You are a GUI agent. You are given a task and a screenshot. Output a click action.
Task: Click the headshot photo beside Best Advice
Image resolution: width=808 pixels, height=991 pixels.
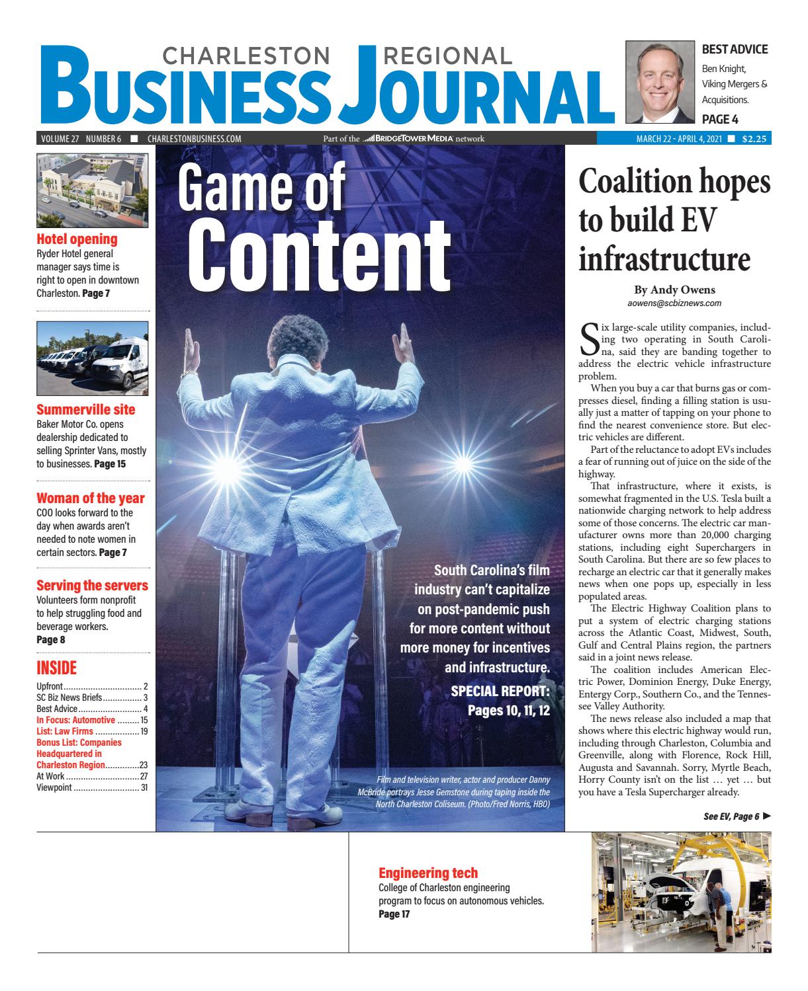[x=658, y=82]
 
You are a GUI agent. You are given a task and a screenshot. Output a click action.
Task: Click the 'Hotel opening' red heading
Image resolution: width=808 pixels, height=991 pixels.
[x=77, y=239]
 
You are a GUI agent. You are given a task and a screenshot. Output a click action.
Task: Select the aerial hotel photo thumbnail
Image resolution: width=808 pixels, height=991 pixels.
[x=93, y=190]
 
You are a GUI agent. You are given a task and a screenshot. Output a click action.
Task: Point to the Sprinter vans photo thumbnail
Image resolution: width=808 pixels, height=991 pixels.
[x=93, y=358]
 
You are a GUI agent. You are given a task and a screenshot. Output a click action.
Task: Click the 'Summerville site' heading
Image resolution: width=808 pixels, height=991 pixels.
[x=85, y=409]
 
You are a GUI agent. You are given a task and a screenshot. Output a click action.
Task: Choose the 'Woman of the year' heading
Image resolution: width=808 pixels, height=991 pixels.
[x=90, y=498]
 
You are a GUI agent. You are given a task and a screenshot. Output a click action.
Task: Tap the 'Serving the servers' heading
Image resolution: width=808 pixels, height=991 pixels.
[x=92, y=586]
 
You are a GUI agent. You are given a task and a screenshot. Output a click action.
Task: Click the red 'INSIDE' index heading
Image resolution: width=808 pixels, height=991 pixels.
[x=56, y=668]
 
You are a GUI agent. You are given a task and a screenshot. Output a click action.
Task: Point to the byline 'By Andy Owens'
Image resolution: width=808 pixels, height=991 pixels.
[x=674, y=290]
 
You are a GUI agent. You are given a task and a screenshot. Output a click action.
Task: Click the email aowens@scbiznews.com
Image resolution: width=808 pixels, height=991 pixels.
[x=674, y=303]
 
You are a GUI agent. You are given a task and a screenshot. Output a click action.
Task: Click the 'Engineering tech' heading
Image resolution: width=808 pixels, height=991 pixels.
[x=427, y=872]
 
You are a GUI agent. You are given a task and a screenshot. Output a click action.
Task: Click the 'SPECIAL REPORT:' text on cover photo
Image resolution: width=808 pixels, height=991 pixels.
[x=500, y=692]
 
